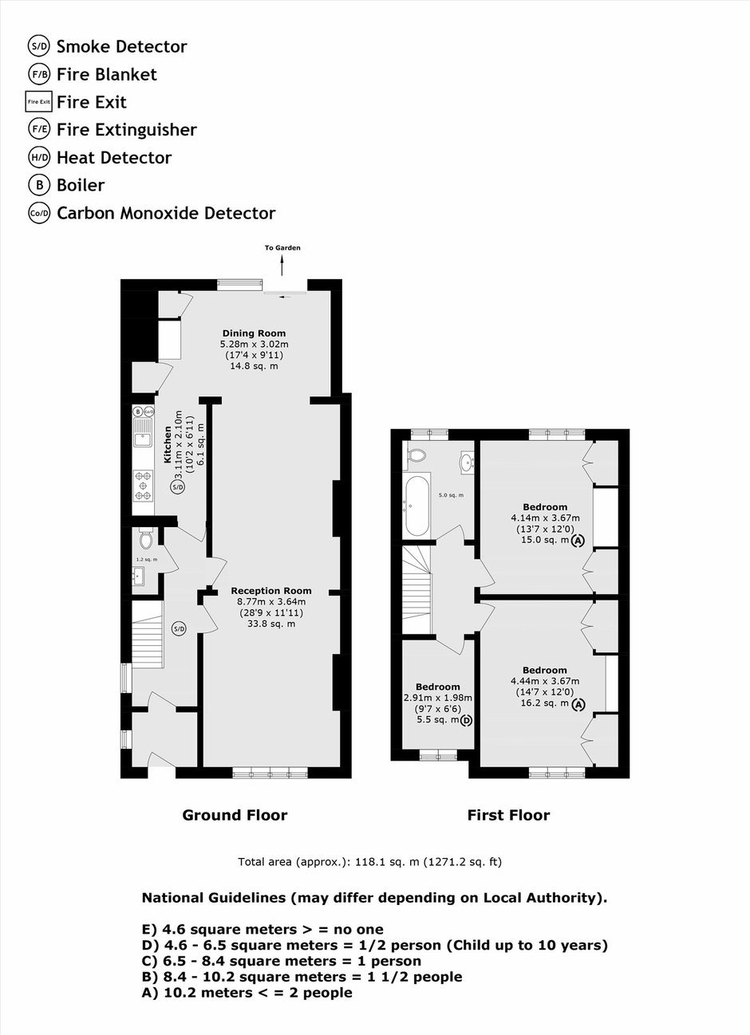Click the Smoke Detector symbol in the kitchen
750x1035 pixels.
[178, 486]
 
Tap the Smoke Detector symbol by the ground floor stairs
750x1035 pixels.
[179, 628]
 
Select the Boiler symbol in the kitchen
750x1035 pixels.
[138, 411]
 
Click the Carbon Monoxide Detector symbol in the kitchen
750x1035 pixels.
[148, 411]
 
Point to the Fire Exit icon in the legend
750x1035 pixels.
[38, 101]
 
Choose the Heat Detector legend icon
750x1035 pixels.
[39, 158]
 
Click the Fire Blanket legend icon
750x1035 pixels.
[39, 74]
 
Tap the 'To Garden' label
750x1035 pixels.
[282, 248]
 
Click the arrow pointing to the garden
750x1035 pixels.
[282, 266]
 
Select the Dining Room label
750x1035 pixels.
[254, 333]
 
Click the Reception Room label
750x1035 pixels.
[271, 591]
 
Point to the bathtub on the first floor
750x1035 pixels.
[417, 506]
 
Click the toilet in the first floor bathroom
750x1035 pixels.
[417, 455]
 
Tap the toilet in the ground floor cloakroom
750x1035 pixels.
[146, 537]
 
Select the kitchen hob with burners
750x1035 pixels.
[143, 485]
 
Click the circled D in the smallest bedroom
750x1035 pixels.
[467, 720]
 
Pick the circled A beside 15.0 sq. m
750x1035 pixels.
[578, 540]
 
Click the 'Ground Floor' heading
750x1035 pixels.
[235, 815]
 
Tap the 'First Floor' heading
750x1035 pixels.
[508, 815]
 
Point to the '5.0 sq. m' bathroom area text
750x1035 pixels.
[452, 495]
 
